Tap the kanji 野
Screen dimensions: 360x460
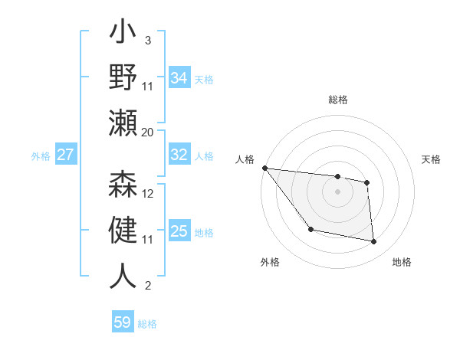point(123,79)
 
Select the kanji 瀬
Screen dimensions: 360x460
point(123,123)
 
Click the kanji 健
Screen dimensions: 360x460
point(123,231)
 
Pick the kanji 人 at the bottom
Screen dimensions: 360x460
point(123,276)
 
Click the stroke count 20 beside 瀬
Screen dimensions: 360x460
point(147,133)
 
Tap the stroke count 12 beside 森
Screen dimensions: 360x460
point(148,194)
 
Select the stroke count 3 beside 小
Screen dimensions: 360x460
point(147,40)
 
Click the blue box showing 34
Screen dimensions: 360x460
point(179,78)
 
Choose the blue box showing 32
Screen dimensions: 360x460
point(179,155)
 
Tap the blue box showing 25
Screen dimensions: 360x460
point(179,231)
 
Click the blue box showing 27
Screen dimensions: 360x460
point(66,155)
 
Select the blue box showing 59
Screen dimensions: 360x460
point(123,322)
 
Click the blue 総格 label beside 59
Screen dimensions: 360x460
point(147,324)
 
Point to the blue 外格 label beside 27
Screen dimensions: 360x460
point(41,156)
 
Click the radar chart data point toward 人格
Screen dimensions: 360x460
point(264,168)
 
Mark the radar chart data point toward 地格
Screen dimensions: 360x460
point(374,242)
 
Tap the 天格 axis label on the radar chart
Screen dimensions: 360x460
point(431,159)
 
